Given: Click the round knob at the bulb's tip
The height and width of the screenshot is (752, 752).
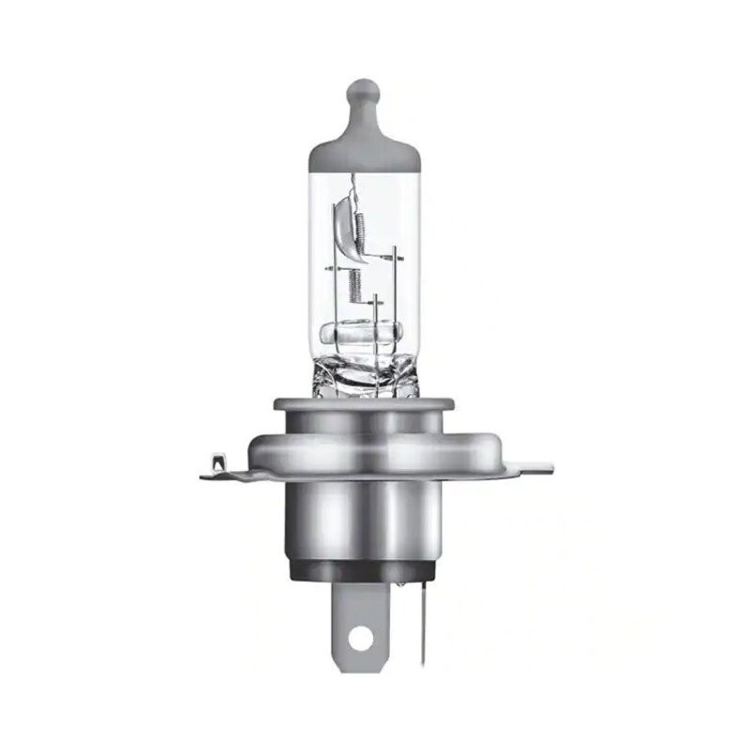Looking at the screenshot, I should click(362, 94).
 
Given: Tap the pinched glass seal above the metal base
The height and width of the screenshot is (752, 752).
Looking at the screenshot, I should click(362, 376).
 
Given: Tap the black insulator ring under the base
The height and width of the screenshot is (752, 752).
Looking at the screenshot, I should click(363, 569).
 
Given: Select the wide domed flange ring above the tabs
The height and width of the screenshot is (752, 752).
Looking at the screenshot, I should click(363, 442).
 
